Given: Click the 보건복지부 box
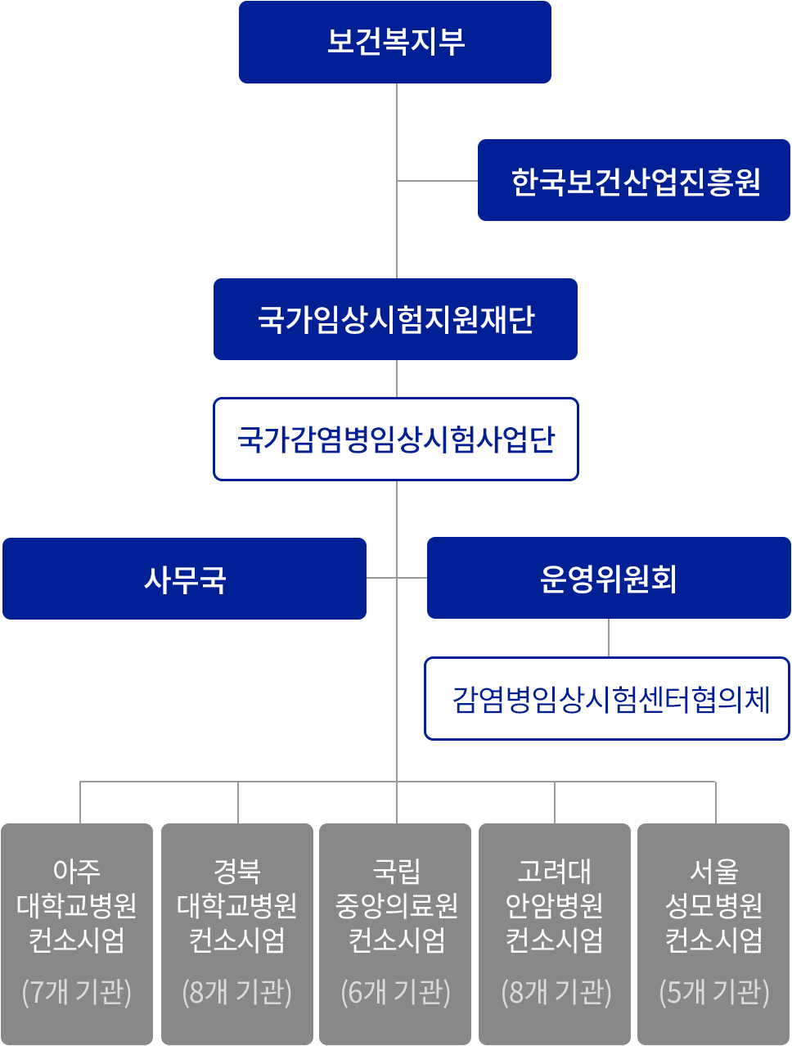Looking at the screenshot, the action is (x=395, y=42).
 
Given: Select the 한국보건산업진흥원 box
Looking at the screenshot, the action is (x=633, y=180).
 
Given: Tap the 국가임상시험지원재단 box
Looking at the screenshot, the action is (x=395, y=319).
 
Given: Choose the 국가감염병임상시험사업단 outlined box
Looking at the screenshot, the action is (x=396, y=439).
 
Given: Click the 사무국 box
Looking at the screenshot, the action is (x=184, y=579).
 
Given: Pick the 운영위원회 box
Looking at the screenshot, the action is (x=609, y=578).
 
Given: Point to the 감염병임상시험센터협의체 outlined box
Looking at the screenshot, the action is (x=607, y=699).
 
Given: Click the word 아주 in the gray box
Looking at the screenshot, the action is (x=77, y=871).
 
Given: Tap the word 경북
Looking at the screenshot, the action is (x=236, y=871).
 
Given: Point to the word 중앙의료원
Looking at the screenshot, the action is (x=396, y=905).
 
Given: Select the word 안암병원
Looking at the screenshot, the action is (x=555, y=905).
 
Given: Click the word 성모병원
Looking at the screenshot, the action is (x=714, y=905).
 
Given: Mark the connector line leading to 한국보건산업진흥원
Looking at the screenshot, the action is (x=437, y=181).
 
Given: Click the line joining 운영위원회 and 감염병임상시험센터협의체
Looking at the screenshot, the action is (x=609, y=638).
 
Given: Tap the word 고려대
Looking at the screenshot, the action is (x=555, y=871).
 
